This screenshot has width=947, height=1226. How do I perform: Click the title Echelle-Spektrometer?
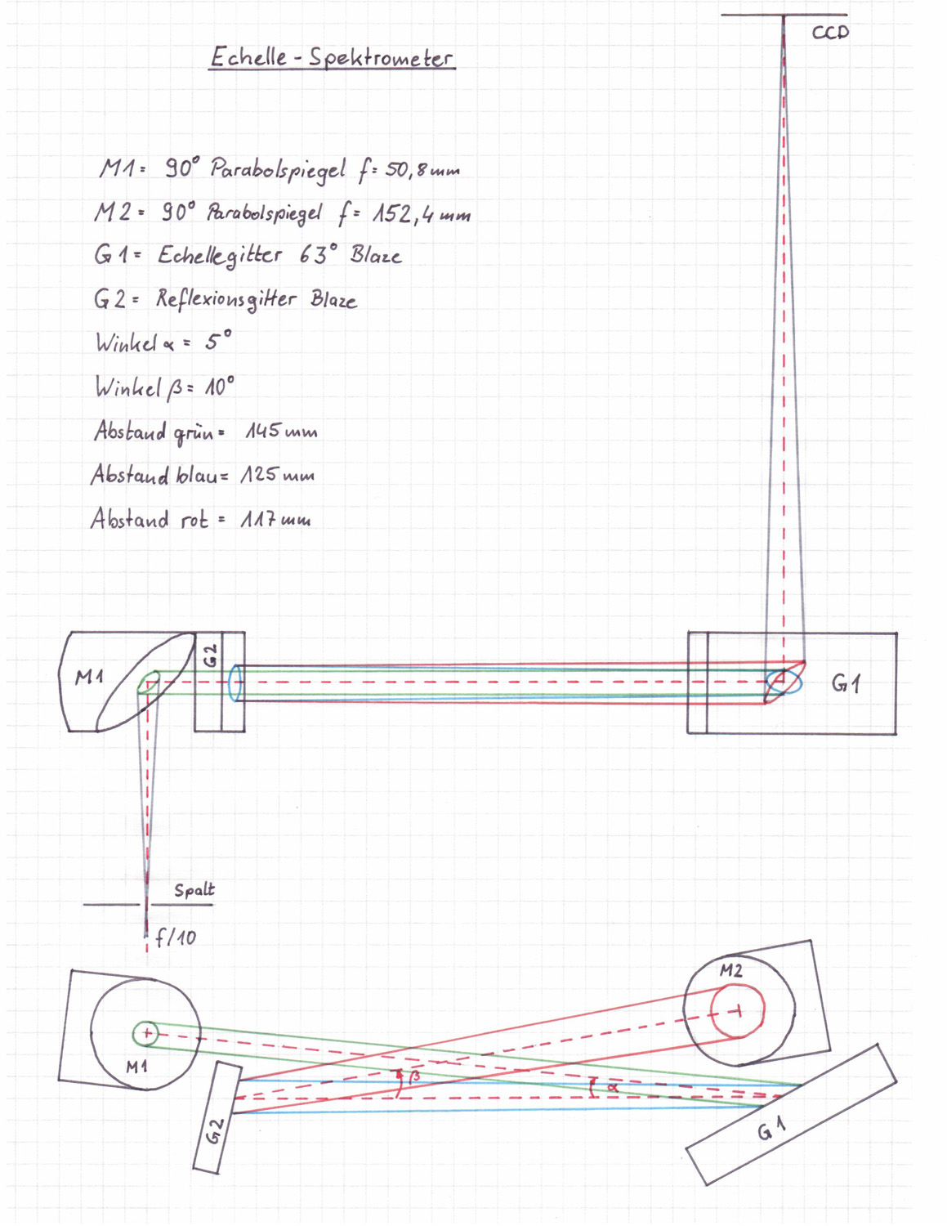click(333, 57)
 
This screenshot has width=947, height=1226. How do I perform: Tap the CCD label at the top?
click(830, 33)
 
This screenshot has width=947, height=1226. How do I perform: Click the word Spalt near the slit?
click(194, 890)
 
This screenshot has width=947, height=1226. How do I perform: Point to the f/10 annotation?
click(176, 937)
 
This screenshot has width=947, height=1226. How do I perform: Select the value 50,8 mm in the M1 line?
click(422, 169)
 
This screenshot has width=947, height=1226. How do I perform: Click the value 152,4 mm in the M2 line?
click(422, 214)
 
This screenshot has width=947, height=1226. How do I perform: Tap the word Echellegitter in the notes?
click(220, 256)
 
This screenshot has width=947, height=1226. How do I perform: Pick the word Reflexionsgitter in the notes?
click(226, 299)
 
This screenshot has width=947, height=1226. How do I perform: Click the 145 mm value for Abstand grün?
click(281, 432)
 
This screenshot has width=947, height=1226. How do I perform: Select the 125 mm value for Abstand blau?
click(278, 475)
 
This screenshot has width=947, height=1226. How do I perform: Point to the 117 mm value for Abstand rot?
click(275, 519)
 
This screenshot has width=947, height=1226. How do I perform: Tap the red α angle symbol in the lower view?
click(613, 1086)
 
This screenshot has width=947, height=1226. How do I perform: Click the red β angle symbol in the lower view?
click(414, 1076)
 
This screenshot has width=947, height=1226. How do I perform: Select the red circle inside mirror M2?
click(737, 1010)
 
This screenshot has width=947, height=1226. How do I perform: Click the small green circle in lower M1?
click(145, 1034)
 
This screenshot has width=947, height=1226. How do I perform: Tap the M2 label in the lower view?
click(731, 970)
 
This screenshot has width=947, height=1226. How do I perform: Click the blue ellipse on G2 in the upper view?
click(235, 682)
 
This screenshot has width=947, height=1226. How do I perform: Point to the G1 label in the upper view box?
click(846, 684)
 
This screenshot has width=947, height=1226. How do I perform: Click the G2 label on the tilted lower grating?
click(215, 1130)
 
